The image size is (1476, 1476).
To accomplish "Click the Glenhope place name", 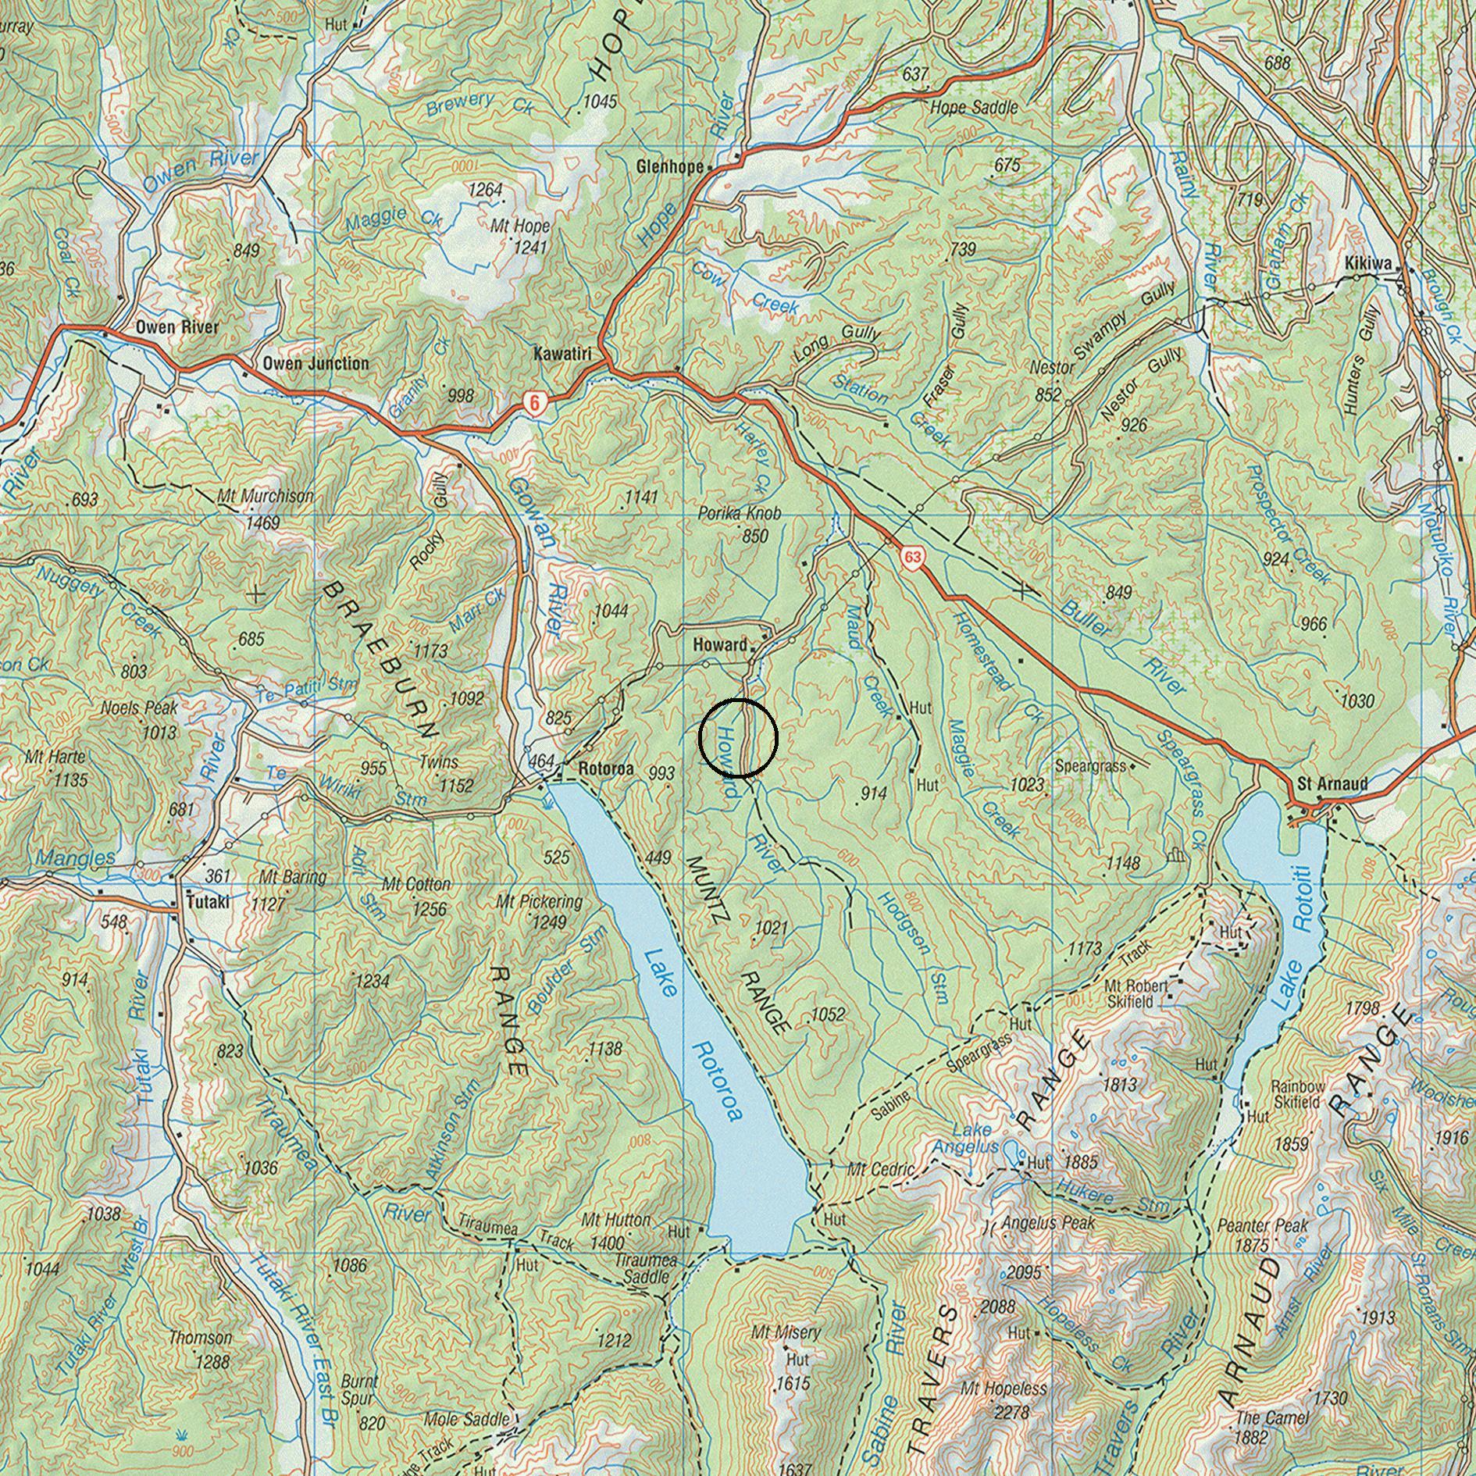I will tap(670, 166).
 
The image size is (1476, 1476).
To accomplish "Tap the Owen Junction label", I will tap(316, 363).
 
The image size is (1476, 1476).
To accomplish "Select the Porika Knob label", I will tap(740, 514).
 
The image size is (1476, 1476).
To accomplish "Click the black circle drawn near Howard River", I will tap(738, 738).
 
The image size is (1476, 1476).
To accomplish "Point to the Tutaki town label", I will tap(208, 902).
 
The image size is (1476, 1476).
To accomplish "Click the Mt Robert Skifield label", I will tap(1136, 993).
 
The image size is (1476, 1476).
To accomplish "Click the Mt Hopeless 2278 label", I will tap(1003, 1389).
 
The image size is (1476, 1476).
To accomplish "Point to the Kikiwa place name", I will tap(1367, 265).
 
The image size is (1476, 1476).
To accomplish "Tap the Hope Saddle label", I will tap(973, 107).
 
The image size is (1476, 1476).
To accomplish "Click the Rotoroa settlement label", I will tap(606, 768).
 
